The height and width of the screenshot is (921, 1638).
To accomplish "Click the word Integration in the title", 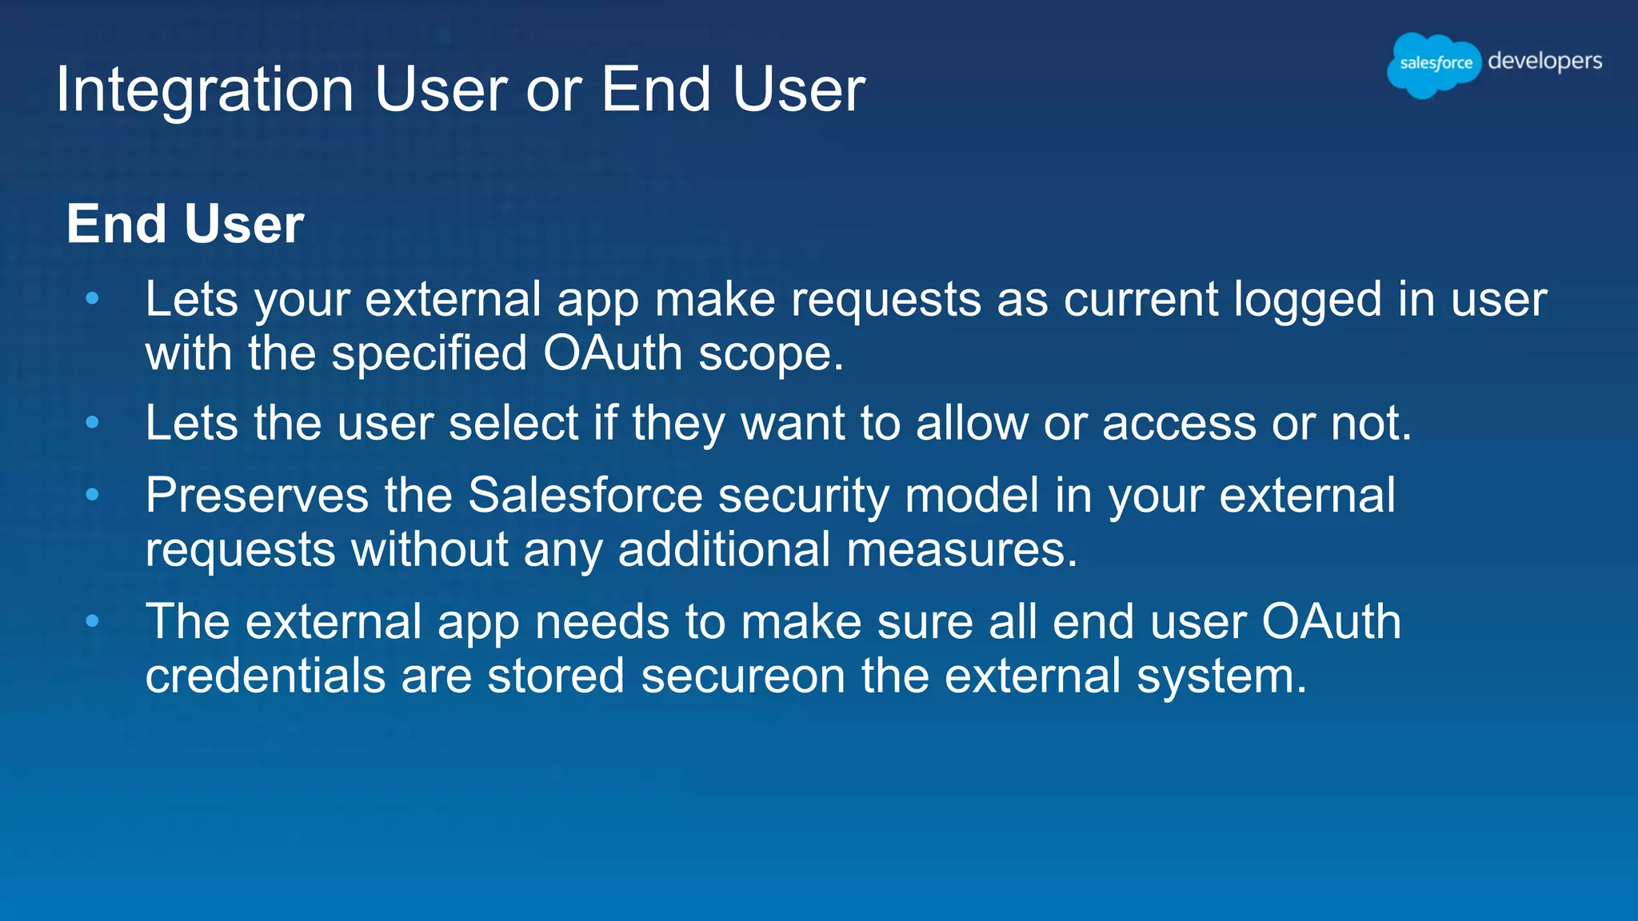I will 205,90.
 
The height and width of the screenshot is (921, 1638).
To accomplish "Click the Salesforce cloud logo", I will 1434,64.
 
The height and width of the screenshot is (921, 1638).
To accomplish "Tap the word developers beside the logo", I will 1544,62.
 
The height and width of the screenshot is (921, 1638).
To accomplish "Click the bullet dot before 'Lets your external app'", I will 93,299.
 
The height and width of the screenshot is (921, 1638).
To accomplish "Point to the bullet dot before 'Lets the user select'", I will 93,422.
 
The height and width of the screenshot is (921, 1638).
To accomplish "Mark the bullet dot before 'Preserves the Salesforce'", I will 93,495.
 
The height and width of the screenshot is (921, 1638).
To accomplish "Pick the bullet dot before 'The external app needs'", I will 93,620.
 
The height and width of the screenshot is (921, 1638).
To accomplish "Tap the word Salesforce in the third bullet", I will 585,495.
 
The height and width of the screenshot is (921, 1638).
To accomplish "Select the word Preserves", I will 257,495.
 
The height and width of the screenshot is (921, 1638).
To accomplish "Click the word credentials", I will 266,676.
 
